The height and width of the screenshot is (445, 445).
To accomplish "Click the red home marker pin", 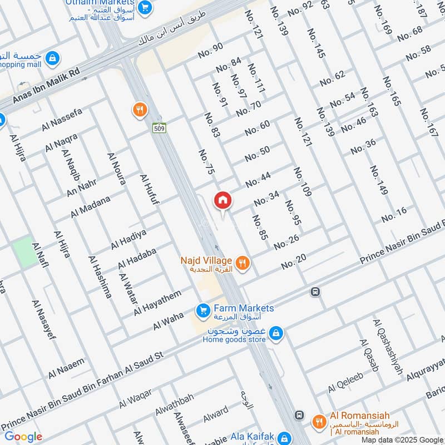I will [222, 200].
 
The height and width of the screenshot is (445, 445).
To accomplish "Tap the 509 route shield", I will [159, 128].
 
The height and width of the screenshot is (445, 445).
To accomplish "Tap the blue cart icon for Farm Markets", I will [202, 309].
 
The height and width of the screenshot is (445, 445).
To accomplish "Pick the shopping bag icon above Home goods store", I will [275, 334].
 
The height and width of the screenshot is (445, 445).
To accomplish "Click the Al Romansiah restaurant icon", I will [319, 421].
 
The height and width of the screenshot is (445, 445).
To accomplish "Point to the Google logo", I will [23, 437].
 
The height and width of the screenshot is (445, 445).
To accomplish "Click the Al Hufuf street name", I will [150, 190].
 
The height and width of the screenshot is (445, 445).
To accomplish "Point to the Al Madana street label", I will [90, 206].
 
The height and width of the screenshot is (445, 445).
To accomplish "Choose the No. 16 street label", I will [394, 211].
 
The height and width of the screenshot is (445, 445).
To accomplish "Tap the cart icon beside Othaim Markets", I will [145, 7].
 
